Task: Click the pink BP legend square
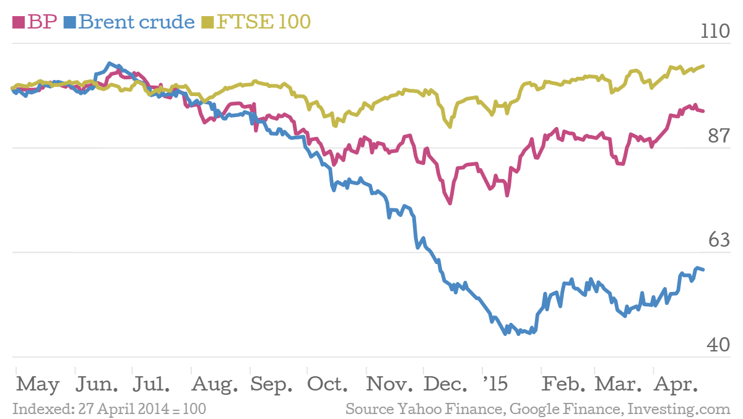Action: (19, 22)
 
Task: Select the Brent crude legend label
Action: (136, 22)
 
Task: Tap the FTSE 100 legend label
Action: (263, 22)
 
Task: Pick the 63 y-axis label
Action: (719, 240)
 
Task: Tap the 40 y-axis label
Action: (719, 345)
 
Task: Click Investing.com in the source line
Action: (679, 410)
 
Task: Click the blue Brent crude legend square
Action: (69, 22)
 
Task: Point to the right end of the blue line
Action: (703, 269)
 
